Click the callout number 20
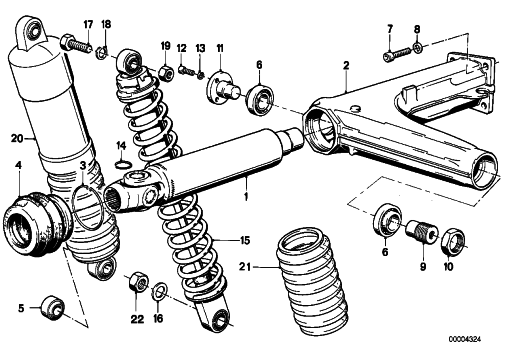point(17,138)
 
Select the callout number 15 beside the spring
point(245,240)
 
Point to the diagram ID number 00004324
point(465,339)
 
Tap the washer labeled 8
point(418,47)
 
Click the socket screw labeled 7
point(397,54)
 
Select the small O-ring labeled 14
point(123,164)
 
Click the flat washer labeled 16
point(160,290)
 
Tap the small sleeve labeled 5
point(52,307)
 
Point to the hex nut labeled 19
point(166,73)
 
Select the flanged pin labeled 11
point(223,90)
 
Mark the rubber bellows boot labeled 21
point(312,281)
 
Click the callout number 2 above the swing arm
point(346,65)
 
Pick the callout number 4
point(19,165)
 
